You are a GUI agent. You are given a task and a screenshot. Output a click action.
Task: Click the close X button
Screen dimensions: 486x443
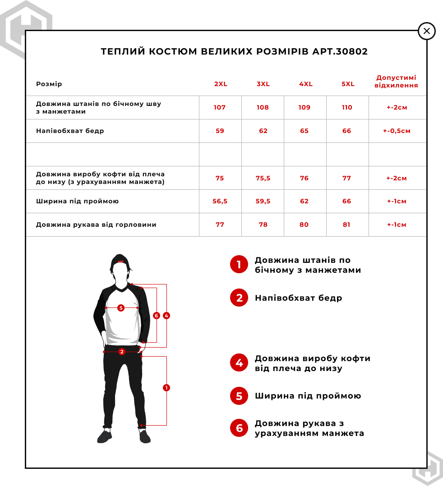(x=427, y=31)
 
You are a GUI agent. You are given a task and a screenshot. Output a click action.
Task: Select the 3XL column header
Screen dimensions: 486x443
(x=263, y=84)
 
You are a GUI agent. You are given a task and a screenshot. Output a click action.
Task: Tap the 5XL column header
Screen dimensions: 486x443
(x=348, y=84)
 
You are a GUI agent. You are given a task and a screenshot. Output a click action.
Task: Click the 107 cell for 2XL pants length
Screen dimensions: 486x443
(x=220, y=107)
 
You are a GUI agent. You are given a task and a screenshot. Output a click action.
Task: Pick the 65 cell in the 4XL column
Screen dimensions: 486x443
(x=305, y=131)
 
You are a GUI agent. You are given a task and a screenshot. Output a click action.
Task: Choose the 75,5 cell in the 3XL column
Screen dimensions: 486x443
(x=263, y=178)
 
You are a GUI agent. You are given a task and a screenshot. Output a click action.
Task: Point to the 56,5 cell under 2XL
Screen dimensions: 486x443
(x=220, y=202)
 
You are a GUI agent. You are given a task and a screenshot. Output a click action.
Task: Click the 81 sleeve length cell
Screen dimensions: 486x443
(x=346, y=225)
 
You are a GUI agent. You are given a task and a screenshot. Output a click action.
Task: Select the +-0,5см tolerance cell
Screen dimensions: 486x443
(x=397, y=131)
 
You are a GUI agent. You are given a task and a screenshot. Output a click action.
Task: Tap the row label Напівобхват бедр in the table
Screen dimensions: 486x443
(x=70, y=131)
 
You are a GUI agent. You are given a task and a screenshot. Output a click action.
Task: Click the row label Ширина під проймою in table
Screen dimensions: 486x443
(x=78, y=202)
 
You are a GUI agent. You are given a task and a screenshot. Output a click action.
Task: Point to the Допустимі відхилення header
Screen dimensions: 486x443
(x=397, y=81)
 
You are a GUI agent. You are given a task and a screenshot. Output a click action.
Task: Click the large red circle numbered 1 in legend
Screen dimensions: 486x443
(x=239, y=265)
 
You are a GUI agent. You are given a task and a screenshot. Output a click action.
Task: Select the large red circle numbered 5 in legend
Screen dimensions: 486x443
(x=239, y=396)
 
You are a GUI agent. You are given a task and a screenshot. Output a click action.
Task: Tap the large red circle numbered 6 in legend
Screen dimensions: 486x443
(x=239, y=428)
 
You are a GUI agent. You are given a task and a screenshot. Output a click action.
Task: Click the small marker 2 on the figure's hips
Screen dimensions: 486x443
(x=121, y=352)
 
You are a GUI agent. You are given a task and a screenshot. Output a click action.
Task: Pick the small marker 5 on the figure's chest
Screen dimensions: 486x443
(x=120, y=308)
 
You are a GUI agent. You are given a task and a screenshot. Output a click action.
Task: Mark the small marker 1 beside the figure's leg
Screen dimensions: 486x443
(x=166, y=388)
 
